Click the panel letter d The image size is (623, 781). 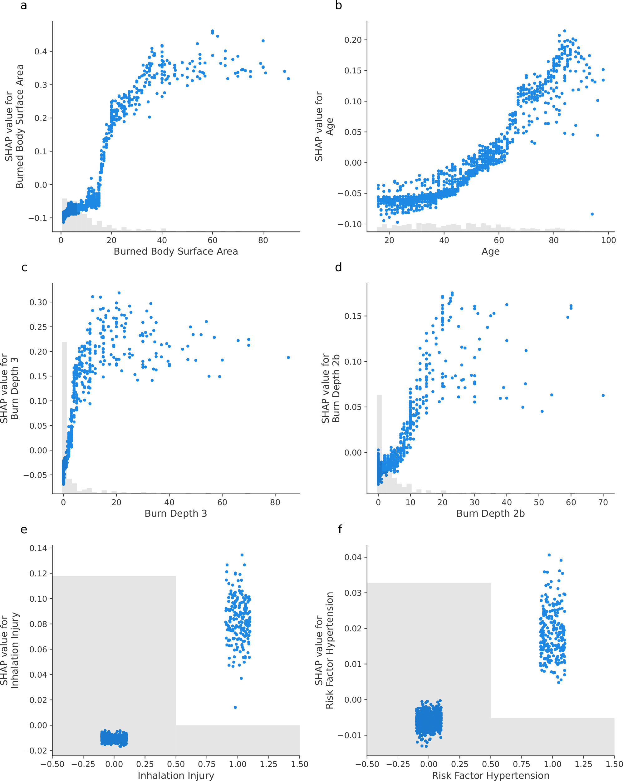coord(338,268)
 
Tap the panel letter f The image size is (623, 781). coord(340,530)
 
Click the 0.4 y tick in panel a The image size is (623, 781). coord(41,52)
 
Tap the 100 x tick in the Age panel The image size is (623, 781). coord(608,240)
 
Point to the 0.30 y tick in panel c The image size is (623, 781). coord(38,302)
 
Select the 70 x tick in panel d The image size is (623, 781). coord(603,502)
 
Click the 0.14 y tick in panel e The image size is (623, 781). coord(38,548)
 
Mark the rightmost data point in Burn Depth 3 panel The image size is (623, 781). coord(288,357)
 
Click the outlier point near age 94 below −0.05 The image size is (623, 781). coord(592,214)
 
